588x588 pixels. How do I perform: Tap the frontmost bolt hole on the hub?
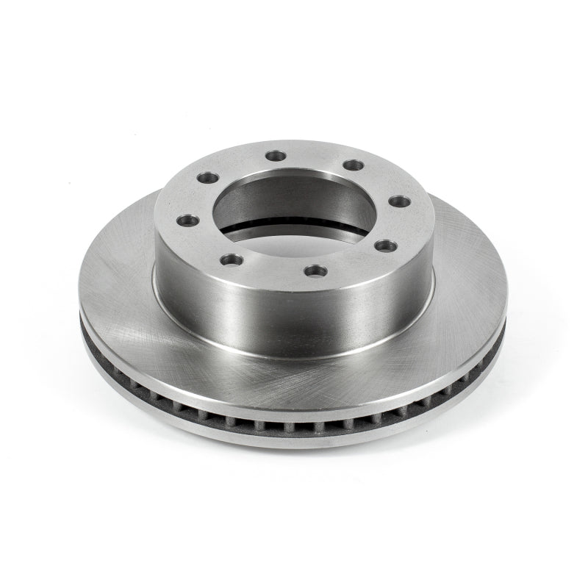(x=315, y=271)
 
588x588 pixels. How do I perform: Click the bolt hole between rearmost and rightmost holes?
(x=354, y=165)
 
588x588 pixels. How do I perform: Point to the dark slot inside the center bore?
(x=294, y=229)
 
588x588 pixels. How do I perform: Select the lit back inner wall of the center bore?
(x=294, y=184)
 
